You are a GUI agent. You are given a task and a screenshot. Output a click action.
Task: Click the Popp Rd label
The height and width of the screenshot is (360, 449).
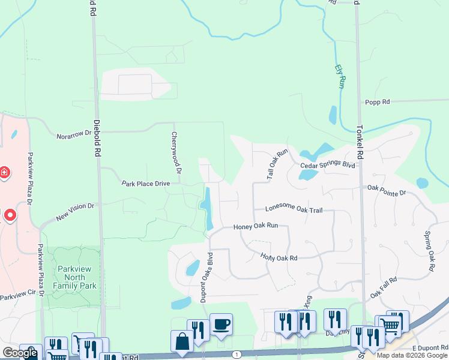[378, 102]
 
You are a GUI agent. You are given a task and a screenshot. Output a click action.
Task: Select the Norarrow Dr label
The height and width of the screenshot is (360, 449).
[74, 135]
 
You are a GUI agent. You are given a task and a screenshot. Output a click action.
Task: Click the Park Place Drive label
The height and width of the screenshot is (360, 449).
[149, 183]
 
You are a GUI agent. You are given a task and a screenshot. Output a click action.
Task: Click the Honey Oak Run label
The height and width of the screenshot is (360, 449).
[256, 226]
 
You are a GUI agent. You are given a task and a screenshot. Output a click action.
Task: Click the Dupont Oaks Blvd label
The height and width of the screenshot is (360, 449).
[208, 280]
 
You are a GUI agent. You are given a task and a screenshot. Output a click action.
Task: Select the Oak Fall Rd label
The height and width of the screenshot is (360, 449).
[384, 287]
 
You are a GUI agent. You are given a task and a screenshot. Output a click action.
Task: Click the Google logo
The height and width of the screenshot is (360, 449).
[20, 353]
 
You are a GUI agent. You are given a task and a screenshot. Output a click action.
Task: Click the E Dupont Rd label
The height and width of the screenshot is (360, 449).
[430, 348]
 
